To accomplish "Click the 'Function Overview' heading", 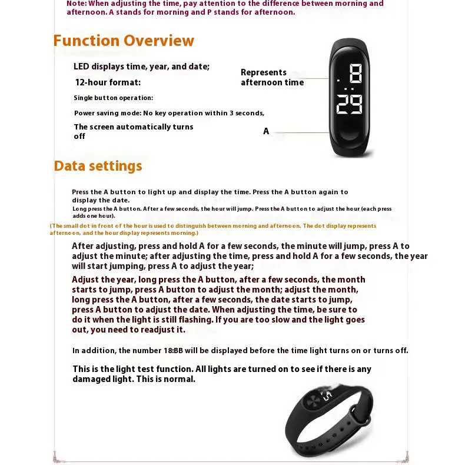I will point(124,41).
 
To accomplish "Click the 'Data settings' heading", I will point(98,166).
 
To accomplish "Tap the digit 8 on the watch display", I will point(355,75).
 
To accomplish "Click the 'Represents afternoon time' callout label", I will point(272,77).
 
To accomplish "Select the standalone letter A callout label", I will point(266,131).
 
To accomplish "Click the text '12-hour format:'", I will point(108,82).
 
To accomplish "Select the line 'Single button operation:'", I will point(113,98).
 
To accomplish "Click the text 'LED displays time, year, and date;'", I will point(141,67).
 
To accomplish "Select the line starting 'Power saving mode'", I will point(169,113).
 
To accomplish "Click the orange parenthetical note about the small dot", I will point(213,229).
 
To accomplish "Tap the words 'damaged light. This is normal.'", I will point(134,379).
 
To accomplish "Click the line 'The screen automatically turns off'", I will point(134,131).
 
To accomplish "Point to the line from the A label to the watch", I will point(300,131).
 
